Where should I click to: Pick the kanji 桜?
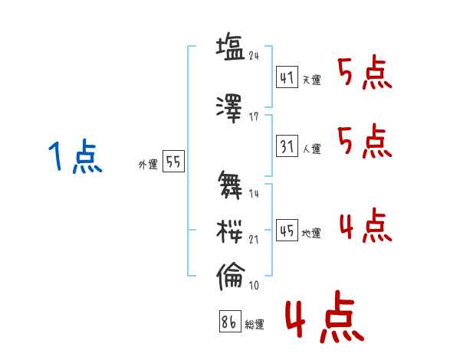pos(230,229)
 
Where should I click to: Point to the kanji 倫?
pos(230,276)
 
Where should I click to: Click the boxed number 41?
pos(287,77)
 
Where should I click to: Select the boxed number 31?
pos(287,145)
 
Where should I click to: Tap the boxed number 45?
pos(287,231)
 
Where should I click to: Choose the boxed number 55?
pos(173,162)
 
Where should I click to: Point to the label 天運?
pos(312,80)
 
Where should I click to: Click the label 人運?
pos(312,148)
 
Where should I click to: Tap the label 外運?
pos(147,165)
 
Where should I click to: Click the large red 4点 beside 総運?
pos(324,321)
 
